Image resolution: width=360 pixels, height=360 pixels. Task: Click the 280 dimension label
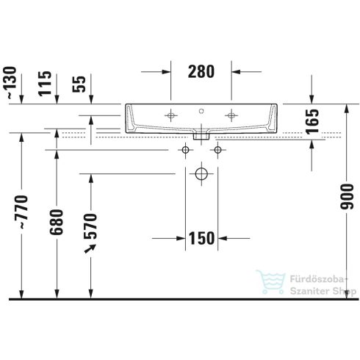[x=201, y=72]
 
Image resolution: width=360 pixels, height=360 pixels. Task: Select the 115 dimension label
[x=46, y=82]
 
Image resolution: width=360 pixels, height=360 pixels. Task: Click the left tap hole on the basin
[x=171, y=115]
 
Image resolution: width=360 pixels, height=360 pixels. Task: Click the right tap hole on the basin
[x=232, y=115]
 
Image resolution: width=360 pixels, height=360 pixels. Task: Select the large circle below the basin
[x=201, y=175]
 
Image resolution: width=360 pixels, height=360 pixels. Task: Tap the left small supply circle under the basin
[x=186, y=151]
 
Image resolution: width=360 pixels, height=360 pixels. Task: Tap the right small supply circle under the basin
[x=217, y=151]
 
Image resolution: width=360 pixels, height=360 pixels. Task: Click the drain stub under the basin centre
[x=201, y=135]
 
